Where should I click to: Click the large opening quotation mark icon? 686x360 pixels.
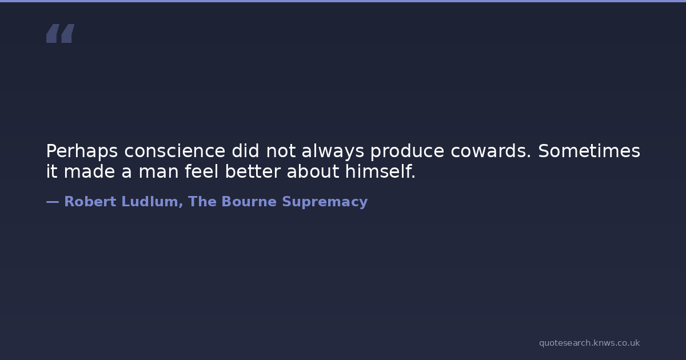point(61,33)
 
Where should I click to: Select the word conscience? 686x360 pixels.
point(175,151)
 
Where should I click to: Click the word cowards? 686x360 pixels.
point(491,151)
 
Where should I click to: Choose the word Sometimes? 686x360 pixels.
point(589,151)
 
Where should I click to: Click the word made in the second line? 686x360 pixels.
point(89,171)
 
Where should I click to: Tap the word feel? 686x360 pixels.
point(201,171)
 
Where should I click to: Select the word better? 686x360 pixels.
point(253,171)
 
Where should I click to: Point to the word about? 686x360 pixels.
point(313,171)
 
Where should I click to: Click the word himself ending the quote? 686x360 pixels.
point(380,171)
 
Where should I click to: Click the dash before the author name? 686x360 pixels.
point(53,202)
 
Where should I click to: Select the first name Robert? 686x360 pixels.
point(90,202)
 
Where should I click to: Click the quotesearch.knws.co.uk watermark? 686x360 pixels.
point(589,343)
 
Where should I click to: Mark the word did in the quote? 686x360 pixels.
point(245,151)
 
